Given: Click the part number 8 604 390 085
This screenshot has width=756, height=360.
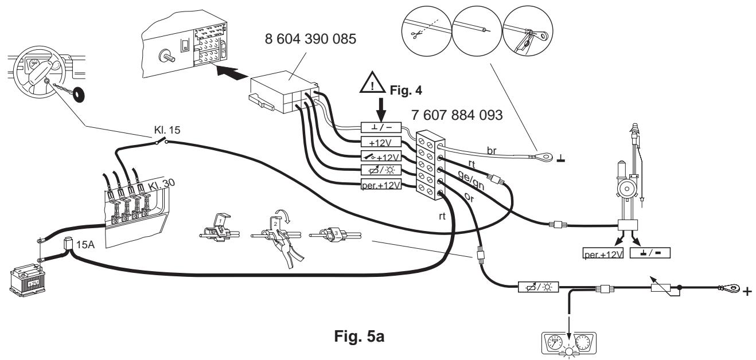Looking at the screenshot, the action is coord(310,39).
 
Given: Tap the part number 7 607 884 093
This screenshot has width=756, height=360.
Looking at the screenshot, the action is coord(457,115).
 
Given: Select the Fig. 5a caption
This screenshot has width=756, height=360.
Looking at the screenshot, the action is coord(359,336).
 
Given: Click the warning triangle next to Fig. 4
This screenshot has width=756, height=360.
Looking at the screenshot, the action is coord(372,82).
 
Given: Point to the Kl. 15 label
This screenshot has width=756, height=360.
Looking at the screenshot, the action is coord(167,130).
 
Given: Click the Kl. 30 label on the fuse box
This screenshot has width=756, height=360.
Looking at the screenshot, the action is coord(161,185).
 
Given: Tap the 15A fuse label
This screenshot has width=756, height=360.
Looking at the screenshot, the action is coord(85,244).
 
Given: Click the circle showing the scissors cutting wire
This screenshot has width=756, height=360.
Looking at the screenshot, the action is coord(427,31).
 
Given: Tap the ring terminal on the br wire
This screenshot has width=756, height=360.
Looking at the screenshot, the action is coord(543,156).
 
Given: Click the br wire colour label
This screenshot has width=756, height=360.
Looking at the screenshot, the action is coord(492,151).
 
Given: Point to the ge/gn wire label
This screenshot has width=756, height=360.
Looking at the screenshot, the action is coord(471,180).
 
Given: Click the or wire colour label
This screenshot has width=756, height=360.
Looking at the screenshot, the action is coord(469,197).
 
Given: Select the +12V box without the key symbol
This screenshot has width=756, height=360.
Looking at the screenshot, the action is coord(381,142).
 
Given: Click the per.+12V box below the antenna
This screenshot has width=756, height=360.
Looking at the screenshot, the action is coord(603,253).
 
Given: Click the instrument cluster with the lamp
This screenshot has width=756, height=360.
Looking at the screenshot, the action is coord(569,343).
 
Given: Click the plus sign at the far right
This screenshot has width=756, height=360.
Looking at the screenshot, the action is coord(747,291).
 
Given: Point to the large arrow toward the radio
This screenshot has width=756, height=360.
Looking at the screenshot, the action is coord(233,72).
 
